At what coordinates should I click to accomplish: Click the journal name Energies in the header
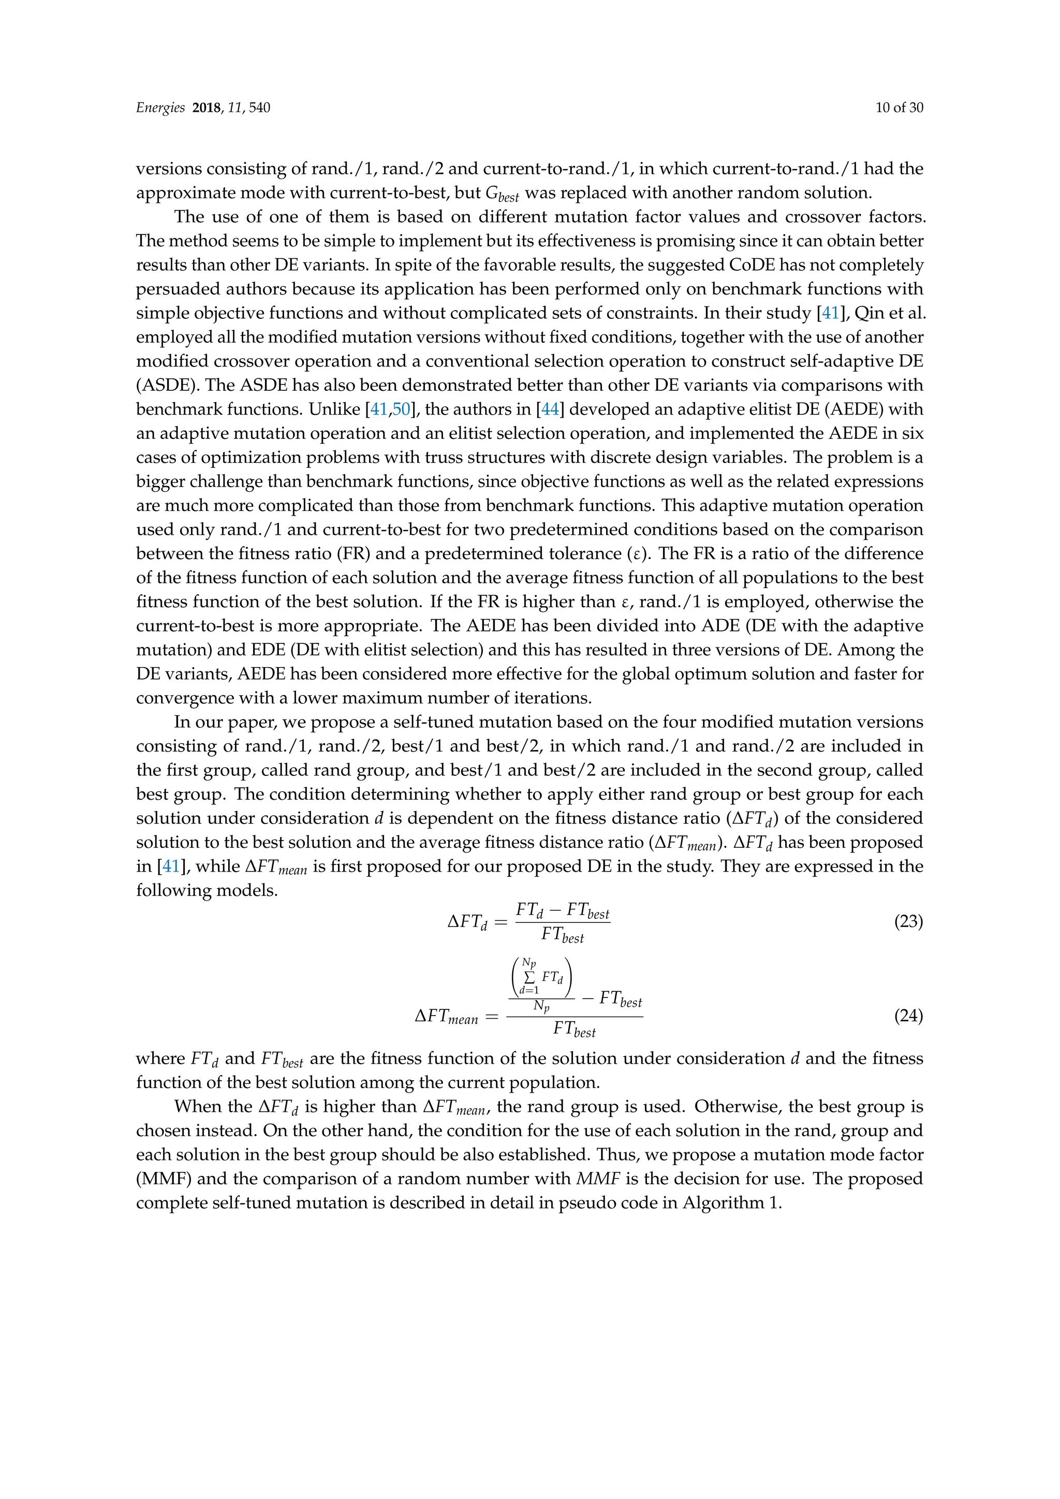(x=160, y=108)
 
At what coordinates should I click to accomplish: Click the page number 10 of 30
(x=899, y=108)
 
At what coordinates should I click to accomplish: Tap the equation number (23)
(x=908, y=922)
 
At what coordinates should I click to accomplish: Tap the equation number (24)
(x=908, y=1016)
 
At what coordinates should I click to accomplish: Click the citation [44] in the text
(x=550, y=409)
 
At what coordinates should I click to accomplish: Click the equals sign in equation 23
(x=500, y=922)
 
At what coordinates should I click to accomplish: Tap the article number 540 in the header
(x=259, y=108)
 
